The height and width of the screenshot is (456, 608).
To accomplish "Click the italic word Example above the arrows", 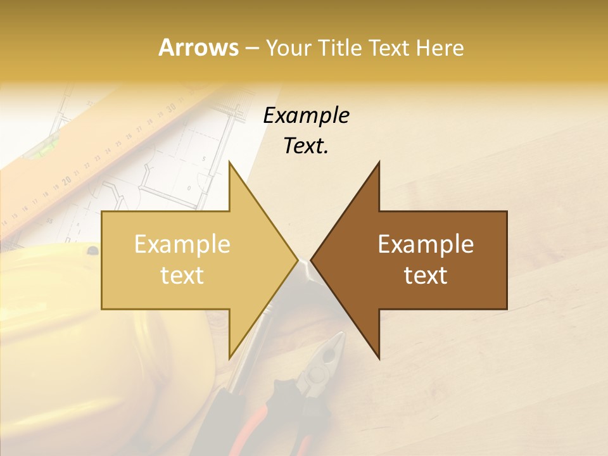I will [306, 115].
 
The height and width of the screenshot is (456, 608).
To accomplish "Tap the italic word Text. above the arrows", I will [306, 146].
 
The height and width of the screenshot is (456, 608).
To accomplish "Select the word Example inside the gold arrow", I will [182, 244].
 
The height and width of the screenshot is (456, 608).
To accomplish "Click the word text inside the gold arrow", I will [182, 275].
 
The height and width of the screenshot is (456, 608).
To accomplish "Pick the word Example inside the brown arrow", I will [426, 244].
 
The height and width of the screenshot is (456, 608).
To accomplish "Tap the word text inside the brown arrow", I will [426, 275].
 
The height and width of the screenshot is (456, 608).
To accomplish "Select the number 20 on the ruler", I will [66, 180].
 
